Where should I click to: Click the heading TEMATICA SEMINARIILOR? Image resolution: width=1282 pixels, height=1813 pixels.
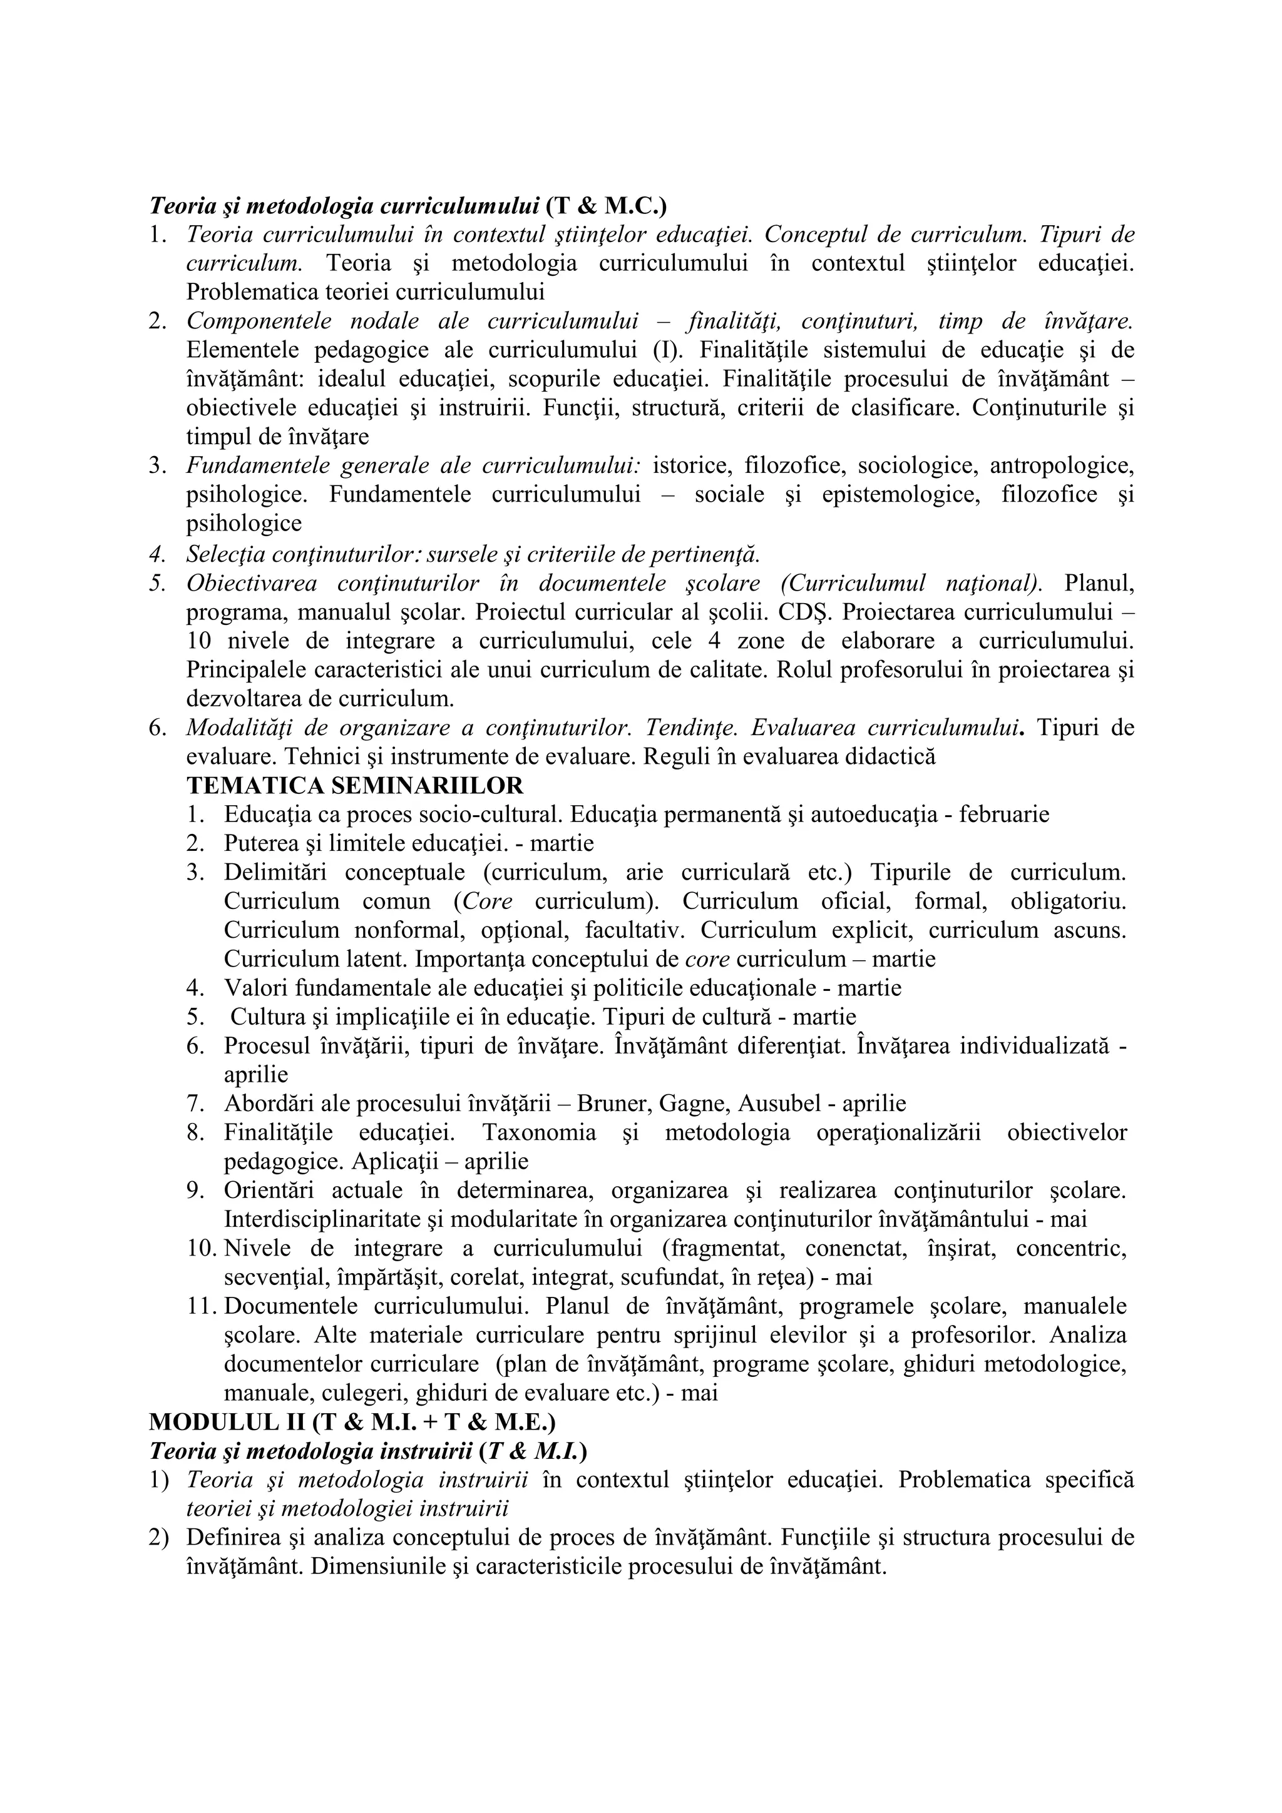click(x=355, y=786)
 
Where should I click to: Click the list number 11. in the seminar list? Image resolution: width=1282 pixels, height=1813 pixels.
click(x=204, y=1306)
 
